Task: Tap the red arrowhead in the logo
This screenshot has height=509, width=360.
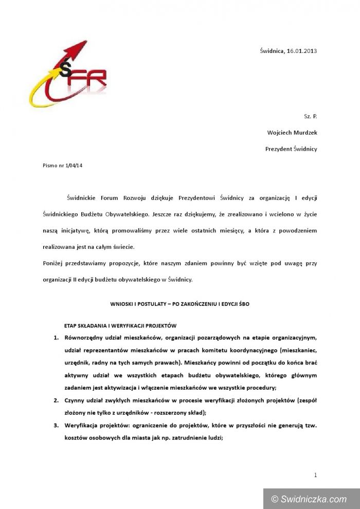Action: [x=79, y=49]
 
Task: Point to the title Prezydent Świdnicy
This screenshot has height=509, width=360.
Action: [x=291, y=149]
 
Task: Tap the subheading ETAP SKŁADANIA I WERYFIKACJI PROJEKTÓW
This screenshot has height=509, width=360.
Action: [x=120, y=325]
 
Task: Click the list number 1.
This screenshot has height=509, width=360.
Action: [x=56, y=338]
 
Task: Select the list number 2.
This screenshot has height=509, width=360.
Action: [x=56, y=399]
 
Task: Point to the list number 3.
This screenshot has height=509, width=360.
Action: [x=56, y=425]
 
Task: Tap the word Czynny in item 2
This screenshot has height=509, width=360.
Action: [x=75, y=399]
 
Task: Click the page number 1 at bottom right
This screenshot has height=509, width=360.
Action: [x=315, y=475]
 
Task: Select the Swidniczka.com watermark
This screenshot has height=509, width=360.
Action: [x=311, y=499]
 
